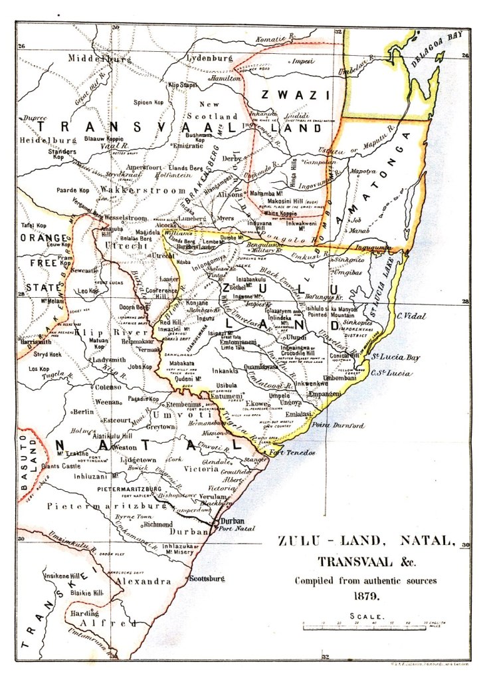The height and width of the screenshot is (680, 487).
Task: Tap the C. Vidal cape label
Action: click(x=411, y=316)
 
